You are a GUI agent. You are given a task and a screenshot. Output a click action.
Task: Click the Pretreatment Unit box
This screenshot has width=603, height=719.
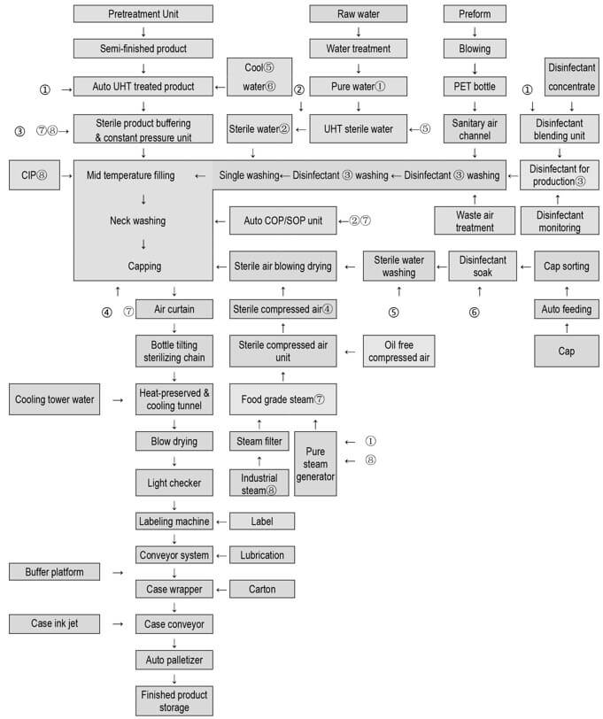(143, 14)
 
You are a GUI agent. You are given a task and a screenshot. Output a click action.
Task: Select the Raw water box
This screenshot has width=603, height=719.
(358, 14)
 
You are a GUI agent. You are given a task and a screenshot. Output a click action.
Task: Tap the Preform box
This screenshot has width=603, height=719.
(475, 14)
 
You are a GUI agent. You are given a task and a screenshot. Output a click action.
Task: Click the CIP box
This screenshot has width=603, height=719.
(35, 174)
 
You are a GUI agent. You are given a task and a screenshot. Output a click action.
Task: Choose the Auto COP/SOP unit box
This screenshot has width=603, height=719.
(283, 220)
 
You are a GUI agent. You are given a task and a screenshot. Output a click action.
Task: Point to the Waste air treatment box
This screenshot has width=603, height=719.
(475, 221)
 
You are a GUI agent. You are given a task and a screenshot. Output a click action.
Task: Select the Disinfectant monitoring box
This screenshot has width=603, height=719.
(560, 221)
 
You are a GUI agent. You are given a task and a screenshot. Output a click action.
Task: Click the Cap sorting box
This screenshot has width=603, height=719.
(567, 266)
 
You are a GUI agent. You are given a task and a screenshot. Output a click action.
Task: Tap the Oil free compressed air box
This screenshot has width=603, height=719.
(399, 352)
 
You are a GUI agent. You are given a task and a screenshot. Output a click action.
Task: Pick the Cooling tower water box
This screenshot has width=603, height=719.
(54, 399)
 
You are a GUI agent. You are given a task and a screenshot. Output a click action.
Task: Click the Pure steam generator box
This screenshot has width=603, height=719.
(315, 464)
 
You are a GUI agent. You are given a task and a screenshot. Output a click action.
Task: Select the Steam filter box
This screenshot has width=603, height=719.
(259, 441)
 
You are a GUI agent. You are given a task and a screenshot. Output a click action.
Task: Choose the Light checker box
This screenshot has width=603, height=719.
(174, 483)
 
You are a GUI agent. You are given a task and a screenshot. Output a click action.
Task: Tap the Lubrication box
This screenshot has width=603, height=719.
(262, 555)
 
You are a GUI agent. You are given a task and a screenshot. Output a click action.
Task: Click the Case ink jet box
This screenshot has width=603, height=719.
(54, 623)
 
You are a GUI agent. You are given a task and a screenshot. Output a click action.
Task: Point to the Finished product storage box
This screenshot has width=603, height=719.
(174, 700)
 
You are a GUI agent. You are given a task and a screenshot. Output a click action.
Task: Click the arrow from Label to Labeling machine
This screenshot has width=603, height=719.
(221, 522)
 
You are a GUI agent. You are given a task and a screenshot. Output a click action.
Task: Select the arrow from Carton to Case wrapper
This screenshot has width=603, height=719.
(221, 590)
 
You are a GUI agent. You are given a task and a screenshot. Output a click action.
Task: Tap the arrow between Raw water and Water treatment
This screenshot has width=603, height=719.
(359, 32)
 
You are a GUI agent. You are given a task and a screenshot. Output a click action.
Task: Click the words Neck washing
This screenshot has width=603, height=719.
(137, 220)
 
